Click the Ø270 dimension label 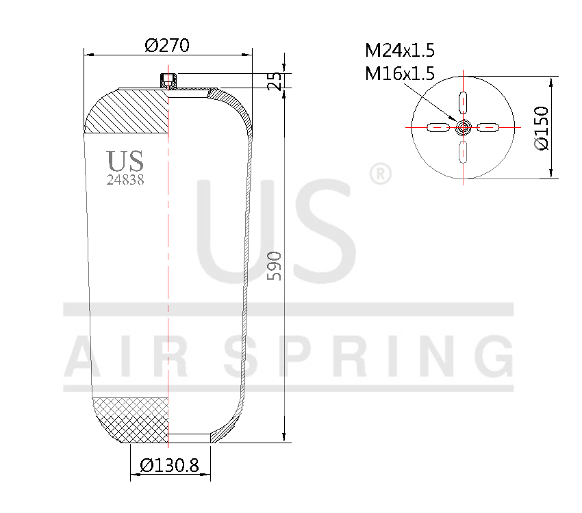point(166,46)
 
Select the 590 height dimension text point(274,266)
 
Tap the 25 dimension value point(275,81)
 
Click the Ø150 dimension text point(540,128)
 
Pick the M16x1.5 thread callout point(400,73)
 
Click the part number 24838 point(125,181)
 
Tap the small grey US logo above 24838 point(125,161)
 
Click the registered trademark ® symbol point(380,174)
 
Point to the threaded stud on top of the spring point(167,81)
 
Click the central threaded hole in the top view point(464,127)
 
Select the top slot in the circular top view point(464,102)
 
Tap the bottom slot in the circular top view point(464,151)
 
